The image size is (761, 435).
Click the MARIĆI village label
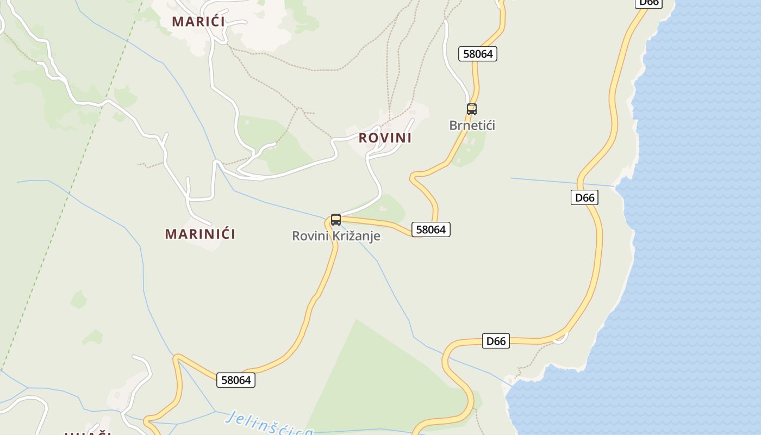pyautogui.click(x=198, y=22)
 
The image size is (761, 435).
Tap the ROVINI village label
pyautogui.click(x=385, y=138)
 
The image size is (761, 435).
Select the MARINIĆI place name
pyautogui.click(x=200, y=234)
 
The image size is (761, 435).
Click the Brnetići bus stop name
pyautogui.click(x=472, y=126)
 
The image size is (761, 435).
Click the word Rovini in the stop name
pyautogui.click(x=310, y=236)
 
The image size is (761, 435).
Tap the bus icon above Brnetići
pyautogui.click(x=472, y=109)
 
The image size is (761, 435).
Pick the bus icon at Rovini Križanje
pyautogui.click(x=336, y=220)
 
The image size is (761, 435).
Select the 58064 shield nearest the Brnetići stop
pyautogui.click(x=478, y=54)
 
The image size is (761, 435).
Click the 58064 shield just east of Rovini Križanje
pyautogui.click(x=431, y=229)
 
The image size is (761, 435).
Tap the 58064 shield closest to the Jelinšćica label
pyautogui.click(x=236, y=380)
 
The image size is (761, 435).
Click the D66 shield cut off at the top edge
pyautogui.click(x=648, y=3)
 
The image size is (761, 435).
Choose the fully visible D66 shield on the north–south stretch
pyautogui.click(x=584, y=197)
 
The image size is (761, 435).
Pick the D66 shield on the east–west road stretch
pyautogui.click(x=496, y=341)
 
